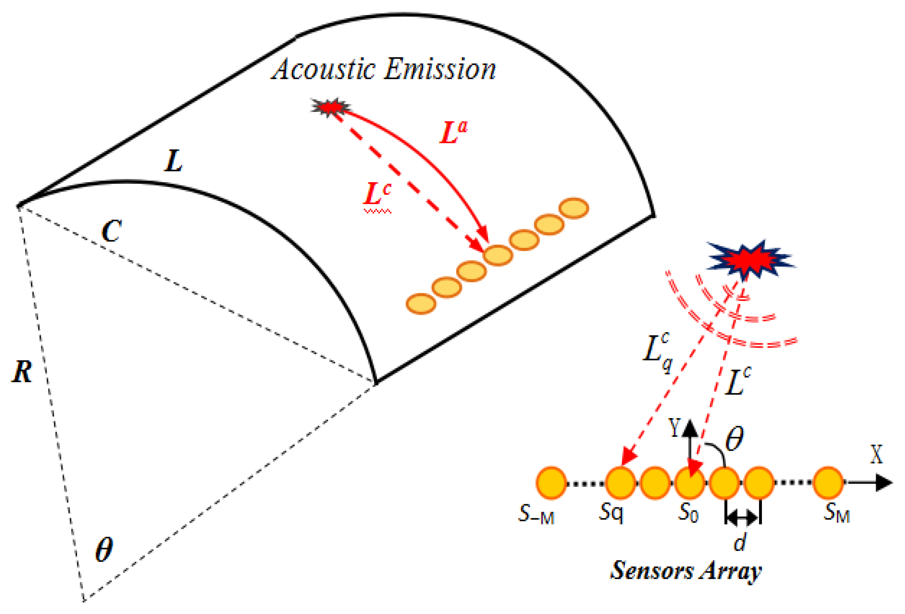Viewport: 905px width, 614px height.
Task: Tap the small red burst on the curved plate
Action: pos(331,106)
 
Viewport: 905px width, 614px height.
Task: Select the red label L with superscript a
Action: pos(452,132)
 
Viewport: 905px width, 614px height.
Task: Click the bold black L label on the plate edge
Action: pos(173,161)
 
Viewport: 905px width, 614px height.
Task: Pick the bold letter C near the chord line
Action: pos(112,231)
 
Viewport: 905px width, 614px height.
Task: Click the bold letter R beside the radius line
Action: pos(22,371)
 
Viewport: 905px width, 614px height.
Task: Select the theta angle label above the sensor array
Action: pos(735,439)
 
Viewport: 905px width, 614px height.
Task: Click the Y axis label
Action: pos(675,427)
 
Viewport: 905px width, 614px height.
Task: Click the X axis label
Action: pos(876,454)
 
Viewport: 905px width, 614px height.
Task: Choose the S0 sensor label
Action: pos(688,513)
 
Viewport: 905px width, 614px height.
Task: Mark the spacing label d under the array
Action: pos(740,542)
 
